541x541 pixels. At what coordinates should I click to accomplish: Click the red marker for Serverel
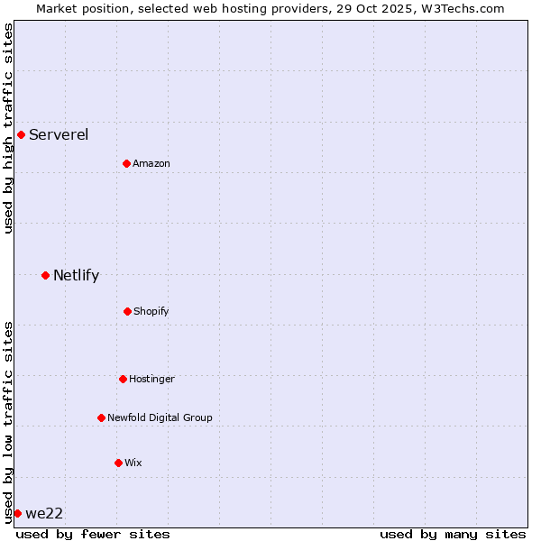pyautogui.click(x=21, y=135)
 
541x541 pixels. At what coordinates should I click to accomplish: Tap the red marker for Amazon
pyautogui.click(x=126, y=163)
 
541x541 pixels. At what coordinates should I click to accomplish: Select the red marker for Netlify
pyautogui.click(x=45, y=275)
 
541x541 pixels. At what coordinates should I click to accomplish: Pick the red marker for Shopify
pyautogui.click(x=127, y=311)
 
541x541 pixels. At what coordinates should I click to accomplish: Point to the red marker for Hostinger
pyautogui.click(x=123, y=379)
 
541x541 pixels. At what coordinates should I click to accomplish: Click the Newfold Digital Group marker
pyautogui.click(x=101, y=417)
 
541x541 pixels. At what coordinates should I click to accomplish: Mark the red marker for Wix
pyautogui.click(x=118, y=463)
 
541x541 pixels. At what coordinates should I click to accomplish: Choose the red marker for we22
pyautogui.click(x=17, y=513)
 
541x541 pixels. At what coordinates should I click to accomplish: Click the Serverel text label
pyautogui.click(x=59, y=135)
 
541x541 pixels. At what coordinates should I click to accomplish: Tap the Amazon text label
pyautogui.click(x=151, y=164)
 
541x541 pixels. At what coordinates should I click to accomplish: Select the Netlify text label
pyautogui.click(x=76, y=276)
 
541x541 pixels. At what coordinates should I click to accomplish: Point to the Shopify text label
pyautogui.click(x=151, y=312)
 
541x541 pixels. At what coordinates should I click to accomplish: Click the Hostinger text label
pyautogui.click(x=151, y=380)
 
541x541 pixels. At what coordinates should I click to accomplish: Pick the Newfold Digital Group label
pyautogui.click(x=160, y=418)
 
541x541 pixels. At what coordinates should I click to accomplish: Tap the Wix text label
pyautogui.click(x=133, y=463)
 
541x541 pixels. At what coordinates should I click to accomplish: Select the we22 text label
pyautogui.click(x=44, y=514)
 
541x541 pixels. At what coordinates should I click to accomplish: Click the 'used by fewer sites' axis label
pyautogui.click(x=93, y=534)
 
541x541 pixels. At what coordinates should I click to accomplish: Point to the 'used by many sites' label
pyautogui.click(x=453, y=534)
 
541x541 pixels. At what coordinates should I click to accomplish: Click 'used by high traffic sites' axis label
pyautogui.click(x=9, y=128)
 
